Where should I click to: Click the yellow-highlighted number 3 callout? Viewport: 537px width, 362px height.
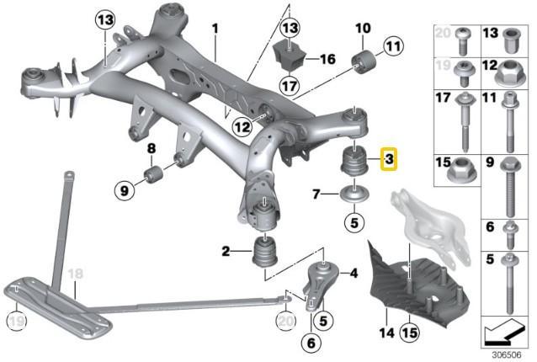click(388, 158)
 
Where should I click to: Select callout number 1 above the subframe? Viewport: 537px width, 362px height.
click(215, 28)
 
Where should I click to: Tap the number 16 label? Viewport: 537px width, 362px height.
click(328, 60)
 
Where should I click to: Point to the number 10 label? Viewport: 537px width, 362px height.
click(363, 28)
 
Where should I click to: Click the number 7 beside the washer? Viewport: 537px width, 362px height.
click(316, 194)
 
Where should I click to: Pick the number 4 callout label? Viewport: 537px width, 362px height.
click(354, 272)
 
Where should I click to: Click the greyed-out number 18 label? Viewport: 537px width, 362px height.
click(75, 274)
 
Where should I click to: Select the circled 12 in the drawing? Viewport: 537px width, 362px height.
click(242, 128)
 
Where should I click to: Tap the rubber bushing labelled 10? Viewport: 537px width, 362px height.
click(367, 61)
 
